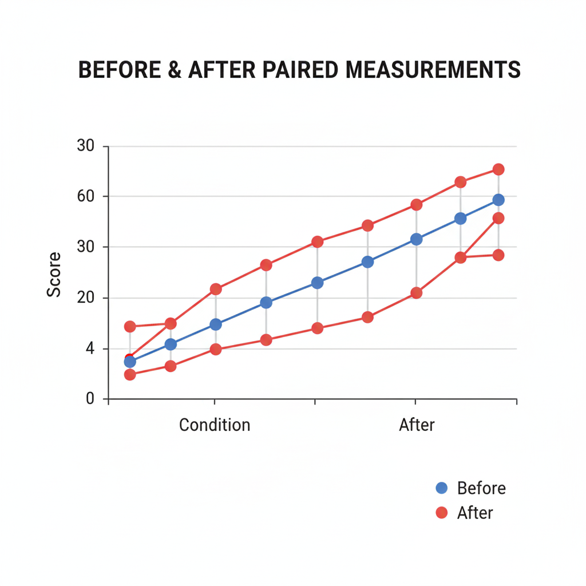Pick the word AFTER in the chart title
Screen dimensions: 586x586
(225, 70)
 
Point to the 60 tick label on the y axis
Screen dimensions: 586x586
(85, 197)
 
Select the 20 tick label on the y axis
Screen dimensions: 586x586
(85, 298)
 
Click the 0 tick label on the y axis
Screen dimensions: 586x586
(89, 398)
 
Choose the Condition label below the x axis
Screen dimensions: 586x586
(215, 425)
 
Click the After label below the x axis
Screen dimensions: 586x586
(417, 425)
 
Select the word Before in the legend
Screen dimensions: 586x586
(481, 488)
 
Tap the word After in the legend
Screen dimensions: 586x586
(475, 513)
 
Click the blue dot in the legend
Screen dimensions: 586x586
(441, 488)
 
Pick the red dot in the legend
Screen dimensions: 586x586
(441, 513)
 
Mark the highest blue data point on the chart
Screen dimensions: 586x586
(498, 200)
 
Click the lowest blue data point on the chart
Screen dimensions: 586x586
(130, 362)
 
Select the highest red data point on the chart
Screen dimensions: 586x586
(498, 169)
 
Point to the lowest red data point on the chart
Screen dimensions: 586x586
(130, 375)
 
